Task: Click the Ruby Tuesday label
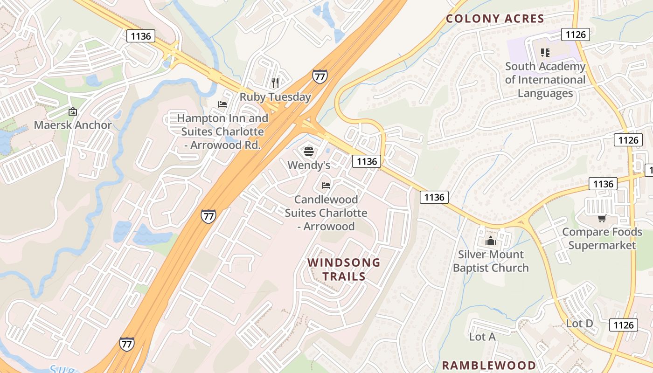275,97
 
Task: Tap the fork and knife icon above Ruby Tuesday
275,83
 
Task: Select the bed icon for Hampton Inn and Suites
222,104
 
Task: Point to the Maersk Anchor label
73,125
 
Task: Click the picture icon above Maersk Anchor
73,111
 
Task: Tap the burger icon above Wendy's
308,151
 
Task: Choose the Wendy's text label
309,165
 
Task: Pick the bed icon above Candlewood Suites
326,186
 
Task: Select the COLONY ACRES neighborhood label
495,19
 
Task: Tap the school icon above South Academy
545,53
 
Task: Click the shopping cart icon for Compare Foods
602,218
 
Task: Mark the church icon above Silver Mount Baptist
491,241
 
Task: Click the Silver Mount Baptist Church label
491,261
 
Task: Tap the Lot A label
482,337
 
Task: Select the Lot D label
579,323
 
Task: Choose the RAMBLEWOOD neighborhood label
489,365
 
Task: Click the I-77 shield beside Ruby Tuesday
320,76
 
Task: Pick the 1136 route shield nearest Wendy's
367,161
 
